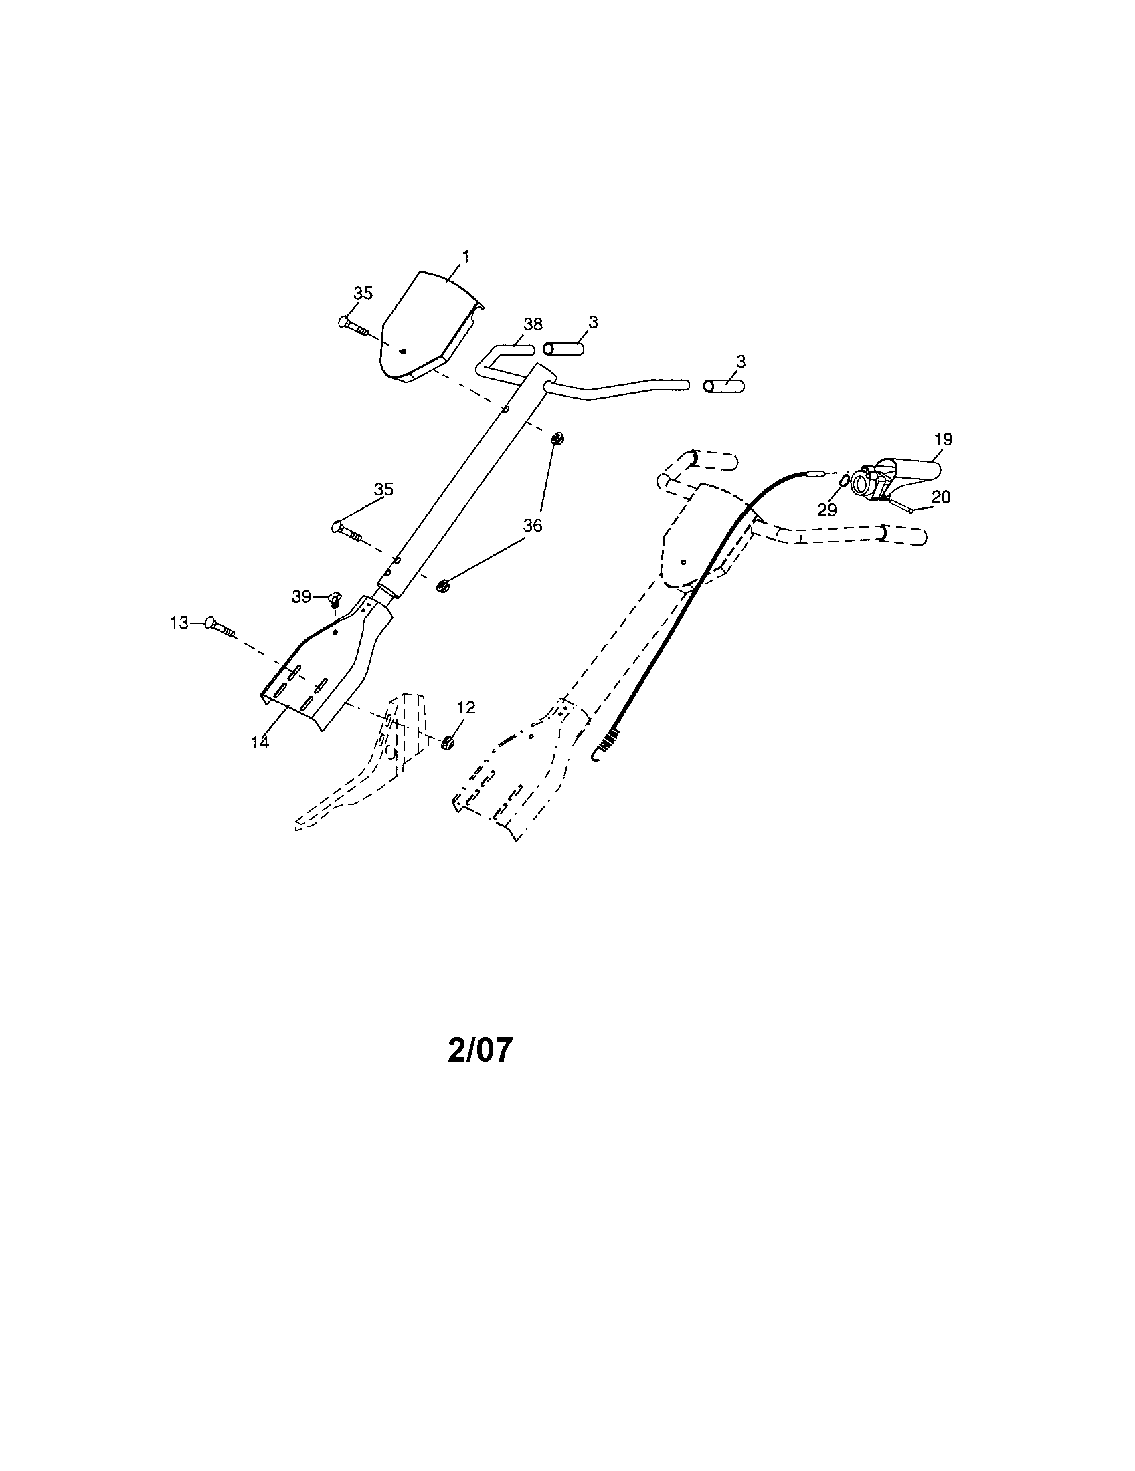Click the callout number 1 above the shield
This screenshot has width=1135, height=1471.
pos(465,257)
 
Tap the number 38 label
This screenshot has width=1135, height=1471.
pos(533,325)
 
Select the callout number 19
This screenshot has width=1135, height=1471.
pos(943,439)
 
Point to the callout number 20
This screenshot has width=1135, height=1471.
pos(941,497)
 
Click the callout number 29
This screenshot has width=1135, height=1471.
pos(827,510)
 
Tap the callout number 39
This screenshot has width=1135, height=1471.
pos(301,596)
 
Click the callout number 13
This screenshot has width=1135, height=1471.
pos(179,624)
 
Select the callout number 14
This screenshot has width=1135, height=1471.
pos(260,742)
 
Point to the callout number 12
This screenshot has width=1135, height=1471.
pos(466,707)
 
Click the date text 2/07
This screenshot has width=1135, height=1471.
pos(480,1050)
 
